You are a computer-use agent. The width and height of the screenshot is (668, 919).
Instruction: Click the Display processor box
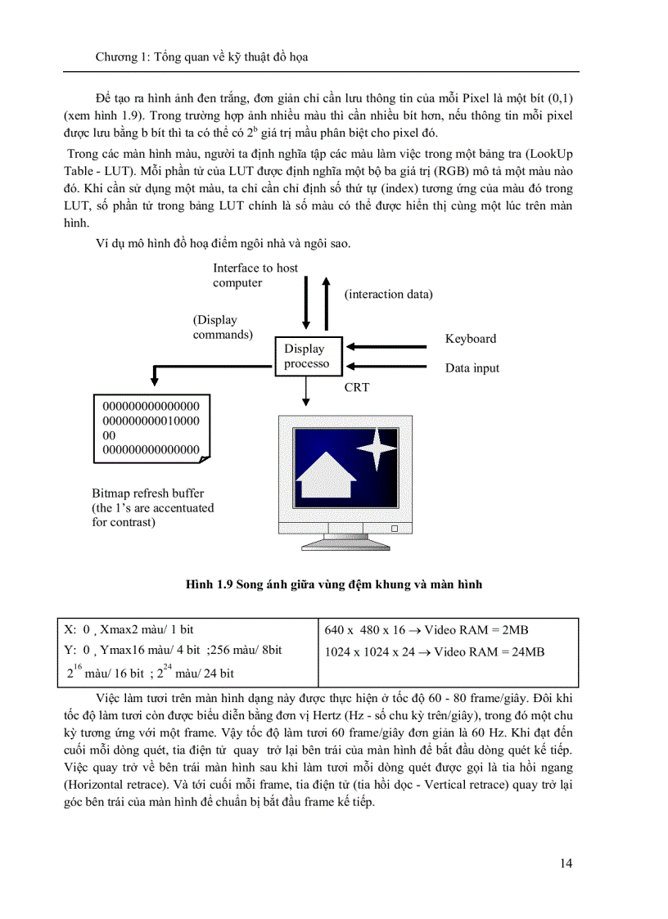(306, 356)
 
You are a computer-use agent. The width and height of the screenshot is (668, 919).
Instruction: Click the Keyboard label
(470, 339)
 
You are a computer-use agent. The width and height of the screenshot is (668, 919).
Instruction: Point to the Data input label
(472, 368)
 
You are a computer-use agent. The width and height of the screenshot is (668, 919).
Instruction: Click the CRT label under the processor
(356, 387)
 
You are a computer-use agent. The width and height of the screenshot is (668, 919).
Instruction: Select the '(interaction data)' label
(388, 294)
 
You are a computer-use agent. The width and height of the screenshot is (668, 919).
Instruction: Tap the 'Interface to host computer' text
(255, 275)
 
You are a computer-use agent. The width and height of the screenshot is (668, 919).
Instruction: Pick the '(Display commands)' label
(222, 327)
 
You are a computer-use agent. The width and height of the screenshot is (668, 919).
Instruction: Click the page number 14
(566, 863)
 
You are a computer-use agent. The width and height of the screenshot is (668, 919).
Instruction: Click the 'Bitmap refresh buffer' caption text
(147, 493)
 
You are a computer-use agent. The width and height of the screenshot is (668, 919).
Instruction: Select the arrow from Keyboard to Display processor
(388, 346)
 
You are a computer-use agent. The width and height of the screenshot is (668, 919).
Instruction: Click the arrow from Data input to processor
(388, 367)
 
